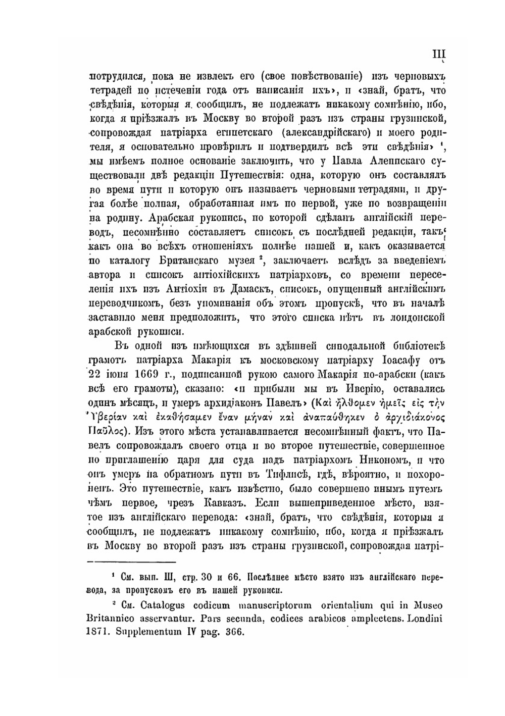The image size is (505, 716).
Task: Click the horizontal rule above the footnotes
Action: (132, 560)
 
